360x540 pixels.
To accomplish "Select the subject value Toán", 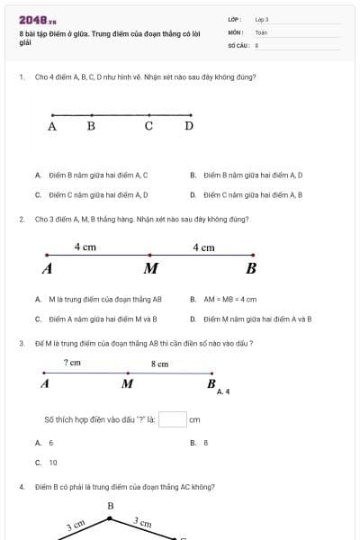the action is pos(261,31).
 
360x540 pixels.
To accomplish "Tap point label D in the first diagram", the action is pos(189,126).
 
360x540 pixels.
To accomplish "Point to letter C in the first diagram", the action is pos(148,126).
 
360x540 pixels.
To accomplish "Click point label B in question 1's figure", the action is pos(91,126).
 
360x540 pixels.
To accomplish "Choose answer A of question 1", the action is pos(90,175).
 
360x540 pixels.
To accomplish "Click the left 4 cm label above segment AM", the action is pos(85,247).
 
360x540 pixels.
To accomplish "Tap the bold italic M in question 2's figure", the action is pos(150,268).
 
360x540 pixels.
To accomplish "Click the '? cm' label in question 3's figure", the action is pos(73,363).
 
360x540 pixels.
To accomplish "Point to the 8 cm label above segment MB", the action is pos(159,364).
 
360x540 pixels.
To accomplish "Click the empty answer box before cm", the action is pos(173,419).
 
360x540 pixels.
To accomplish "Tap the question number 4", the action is pos(21,487).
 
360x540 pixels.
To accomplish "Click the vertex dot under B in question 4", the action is pos(110,517).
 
